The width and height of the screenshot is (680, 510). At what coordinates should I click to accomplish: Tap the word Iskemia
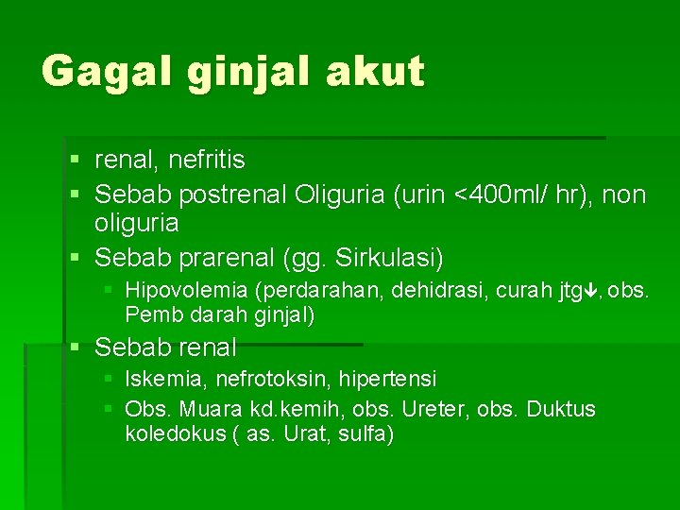point(166,379)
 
